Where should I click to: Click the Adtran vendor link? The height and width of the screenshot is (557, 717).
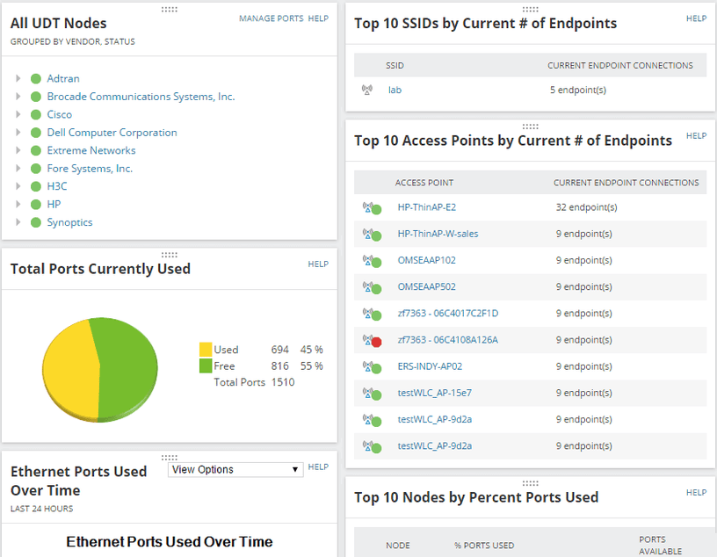[63, 79]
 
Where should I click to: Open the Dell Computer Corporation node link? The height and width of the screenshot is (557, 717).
[112, 133]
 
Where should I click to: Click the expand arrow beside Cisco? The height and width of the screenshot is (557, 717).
[18, 114]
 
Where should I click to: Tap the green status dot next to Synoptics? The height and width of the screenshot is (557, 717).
[36, 222]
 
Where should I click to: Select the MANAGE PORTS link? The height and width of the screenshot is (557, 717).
[271, 18]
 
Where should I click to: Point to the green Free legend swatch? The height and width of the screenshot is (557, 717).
[206, 366]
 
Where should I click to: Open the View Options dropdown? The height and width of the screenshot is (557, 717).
[235, 470]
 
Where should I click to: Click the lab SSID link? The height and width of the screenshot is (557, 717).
[395, 90]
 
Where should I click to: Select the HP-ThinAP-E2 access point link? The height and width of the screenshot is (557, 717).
[426, 207]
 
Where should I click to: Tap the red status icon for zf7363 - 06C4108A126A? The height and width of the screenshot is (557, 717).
[375, 342]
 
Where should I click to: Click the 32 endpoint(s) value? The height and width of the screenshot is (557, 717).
[586, 207]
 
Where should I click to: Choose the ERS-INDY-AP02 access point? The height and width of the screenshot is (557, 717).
[430, 366]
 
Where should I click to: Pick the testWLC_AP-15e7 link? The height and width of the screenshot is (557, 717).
[434, 393]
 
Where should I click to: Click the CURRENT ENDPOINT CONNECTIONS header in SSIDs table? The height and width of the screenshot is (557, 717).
[619, 65]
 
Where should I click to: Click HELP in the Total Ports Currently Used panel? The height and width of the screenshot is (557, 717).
[318, 264]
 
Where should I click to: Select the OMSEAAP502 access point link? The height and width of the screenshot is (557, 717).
[426, 286]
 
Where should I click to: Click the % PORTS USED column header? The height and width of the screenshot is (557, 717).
[484, 546]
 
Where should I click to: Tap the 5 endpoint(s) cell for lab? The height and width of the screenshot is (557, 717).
[577, 90]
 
